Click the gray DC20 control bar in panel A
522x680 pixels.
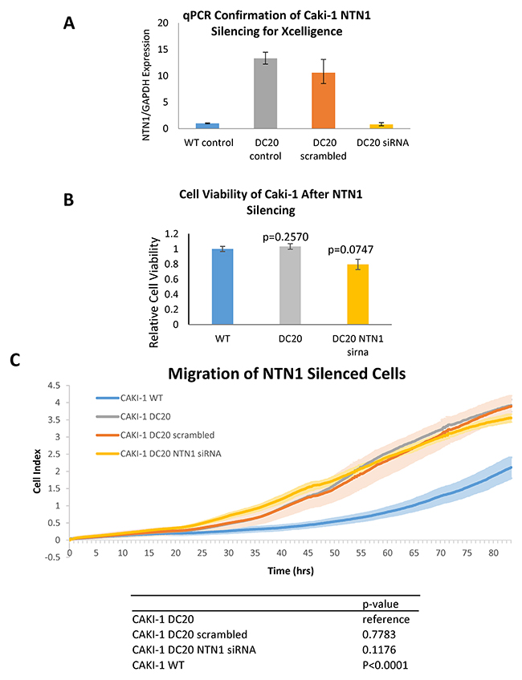(x=265, y=93)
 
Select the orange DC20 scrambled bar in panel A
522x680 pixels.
(x=324, y=100)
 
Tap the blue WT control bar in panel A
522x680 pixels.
(x=207, y=126)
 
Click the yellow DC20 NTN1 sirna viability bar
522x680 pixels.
(x=358, y=294)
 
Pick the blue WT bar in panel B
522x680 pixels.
(x=222, y=286)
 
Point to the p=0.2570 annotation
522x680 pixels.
(x=286, y=237)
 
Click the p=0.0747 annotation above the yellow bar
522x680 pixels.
(x=350, y=249)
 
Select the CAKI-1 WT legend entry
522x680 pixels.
(x=129, y=398)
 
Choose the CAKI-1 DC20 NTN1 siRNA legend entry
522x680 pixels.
(x=158, y=454)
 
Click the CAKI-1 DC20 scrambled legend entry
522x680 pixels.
(x=155, y=435)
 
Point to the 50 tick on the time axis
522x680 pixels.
(x=334, y=553)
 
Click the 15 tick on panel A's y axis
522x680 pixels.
(x=162, y=50)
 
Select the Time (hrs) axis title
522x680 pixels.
(x=291, y=571)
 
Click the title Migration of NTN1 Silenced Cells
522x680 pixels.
(x=287, y=374)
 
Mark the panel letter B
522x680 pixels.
(x=68, y=200)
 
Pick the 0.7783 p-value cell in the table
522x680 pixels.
(x=379, y=634)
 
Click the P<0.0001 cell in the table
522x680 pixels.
(x=385, y=665)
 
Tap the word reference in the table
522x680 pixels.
(x=386, y=619)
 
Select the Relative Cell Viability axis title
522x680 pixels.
(x=154, y=293)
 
